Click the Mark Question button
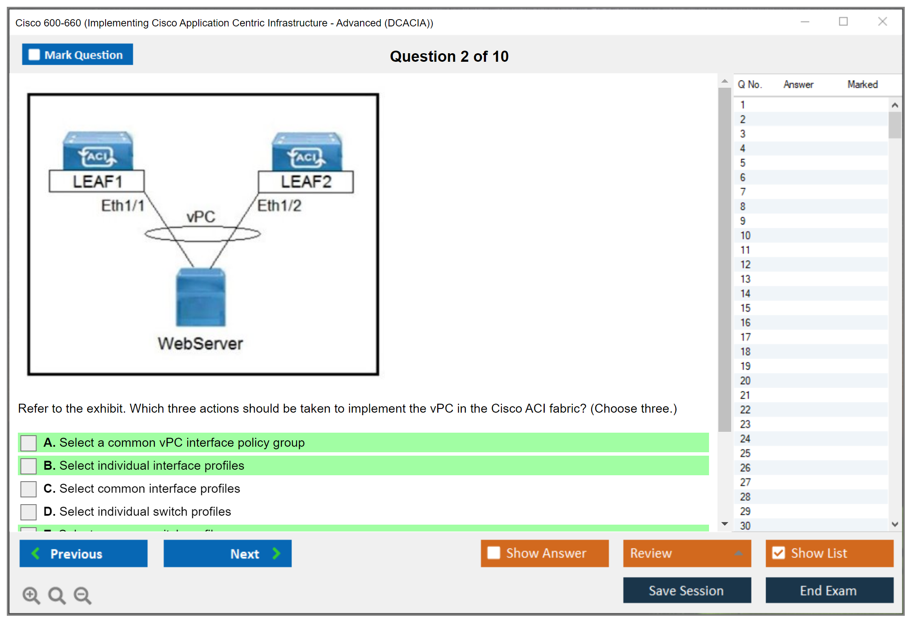tap(77, 55)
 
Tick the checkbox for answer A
tap(29, 443)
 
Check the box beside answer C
tap(29, 489)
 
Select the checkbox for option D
tap(29, 512)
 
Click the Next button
tap(227, 554)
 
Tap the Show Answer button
tap(544, 553)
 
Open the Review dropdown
tap(686, 553)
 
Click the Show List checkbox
tap(779, 553)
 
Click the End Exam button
tap(829, 591)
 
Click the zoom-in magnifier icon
tap(31, 595)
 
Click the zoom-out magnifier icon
tap(83, 595)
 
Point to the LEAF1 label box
tap(97, 182)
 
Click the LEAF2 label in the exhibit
tap(306, 182)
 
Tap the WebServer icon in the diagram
tap(201, 297)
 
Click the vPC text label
tap(201, 217)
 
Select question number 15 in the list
tap(745, 308)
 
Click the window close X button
tap(882, 22)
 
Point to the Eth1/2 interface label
tap(280, 206)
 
